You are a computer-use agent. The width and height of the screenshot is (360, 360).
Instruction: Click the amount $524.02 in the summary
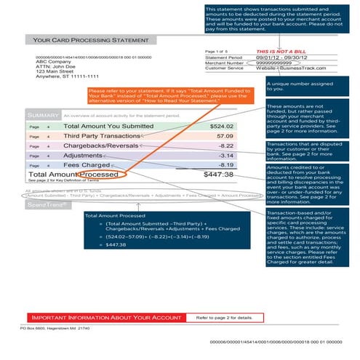[222, 127]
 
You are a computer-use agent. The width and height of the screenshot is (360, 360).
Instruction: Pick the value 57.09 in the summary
[225, 136]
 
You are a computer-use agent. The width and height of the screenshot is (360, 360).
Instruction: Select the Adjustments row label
[84, 156]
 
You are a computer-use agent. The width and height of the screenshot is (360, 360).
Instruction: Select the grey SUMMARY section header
[41, 115]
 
